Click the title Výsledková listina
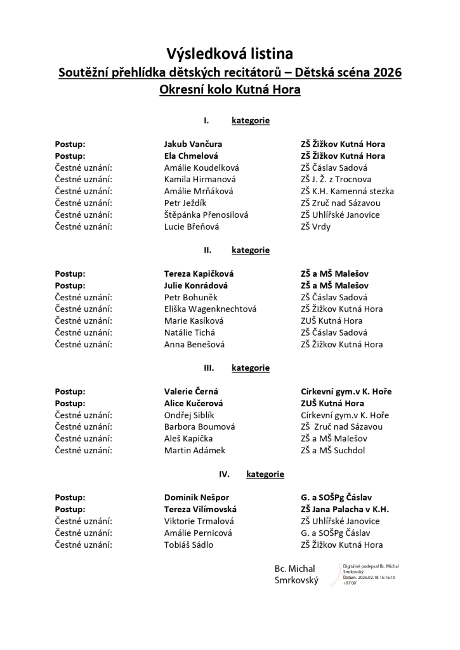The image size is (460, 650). point(230,53)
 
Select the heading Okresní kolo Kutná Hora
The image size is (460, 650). point(230,90)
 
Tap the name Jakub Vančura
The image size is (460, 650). point(193,144)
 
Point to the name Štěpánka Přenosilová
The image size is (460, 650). point(206,215)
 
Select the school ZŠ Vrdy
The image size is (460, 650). point(315,227)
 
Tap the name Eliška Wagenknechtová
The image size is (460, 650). point(210,309)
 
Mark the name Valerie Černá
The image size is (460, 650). point(191,392)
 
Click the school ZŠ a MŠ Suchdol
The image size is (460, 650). point(333,451)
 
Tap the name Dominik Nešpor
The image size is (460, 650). point(197,498)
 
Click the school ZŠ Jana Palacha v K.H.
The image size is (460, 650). point(345,509)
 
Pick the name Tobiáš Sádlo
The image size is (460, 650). point(188,545)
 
